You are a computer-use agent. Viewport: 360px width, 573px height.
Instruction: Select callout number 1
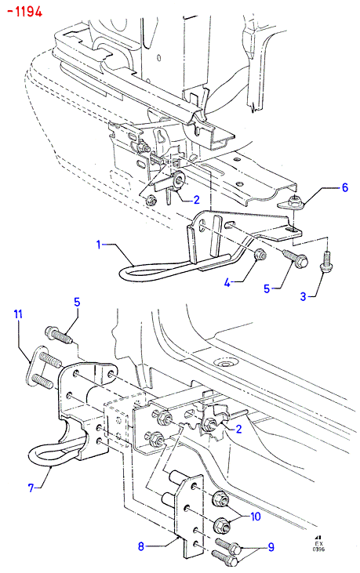click(x=98, y=245)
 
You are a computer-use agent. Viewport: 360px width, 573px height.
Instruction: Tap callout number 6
click(x=344, y=188)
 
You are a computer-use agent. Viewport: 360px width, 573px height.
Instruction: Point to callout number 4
click(x=227, y=282)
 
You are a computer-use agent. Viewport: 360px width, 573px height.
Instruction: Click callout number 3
click(x=303, y=296)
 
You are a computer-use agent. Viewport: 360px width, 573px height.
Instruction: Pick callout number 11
click(x=18, y=314)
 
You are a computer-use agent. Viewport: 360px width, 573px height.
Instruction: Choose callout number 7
click(x=31, y=488)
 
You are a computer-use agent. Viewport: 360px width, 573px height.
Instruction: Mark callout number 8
click(x=141, y=546)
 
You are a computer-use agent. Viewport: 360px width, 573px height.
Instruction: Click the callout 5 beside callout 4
click(x=267, y=288)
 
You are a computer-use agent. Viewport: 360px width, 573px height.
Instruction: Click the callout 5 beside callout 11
click(x=77, y=303)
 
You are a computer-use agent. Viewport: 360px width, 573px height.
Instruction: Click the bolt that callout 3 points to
click(x=325, y=262)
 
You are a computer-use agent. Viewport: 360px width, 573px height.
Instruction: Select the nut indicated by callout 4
click(x=260, y=254)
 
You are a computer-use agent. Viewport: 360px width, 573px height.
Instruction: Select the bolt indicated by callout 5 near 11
click(x=60, y=335)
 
